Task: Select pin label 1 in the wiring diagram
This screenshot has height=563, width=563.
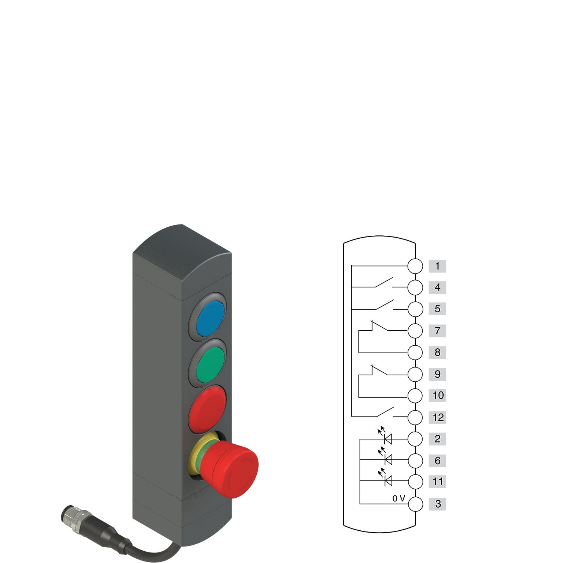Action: point(437,266)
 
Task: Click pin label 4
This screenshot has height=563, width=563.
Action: point(437,288)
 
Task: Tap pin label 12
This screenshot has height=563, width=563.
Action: point(437,417)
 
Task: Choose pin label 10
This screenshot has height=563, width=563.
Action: point(437,395)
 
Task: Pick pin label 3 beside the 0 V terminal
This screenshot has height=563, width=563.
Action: point(437,504)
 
